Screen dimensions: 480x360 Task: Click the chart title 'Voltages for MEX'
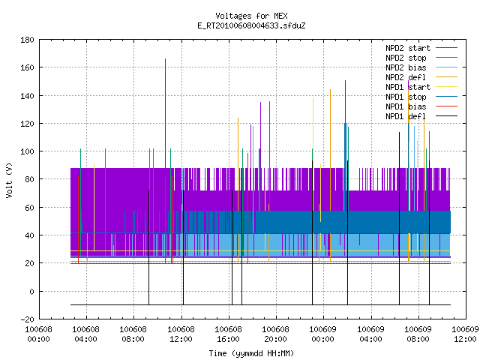pyautogui.click(x=251, y=16)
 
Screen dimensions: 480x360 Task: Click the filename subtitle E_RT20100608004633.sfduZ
pyautogui.click(x=251, y=25)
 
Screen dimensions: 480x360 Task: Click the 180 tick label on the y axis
pyautogui.click(x=27, y=40)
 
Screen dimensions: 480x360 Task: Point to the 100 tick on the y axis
pyautogui.click(x=27, y=151)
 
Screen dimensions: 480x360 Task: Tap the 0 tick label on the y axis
pyautogui.click(x=31, y=292)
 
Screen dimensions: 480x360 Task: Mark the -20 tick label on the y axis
pyautogui.click(x=27, y=319)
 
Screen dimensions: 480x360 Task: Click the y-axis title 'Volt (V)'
pyautogui.click(x=10, y=180)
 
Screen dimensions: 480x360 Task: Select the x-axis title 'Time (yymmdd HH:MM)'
pyautogui.click(x=251, y=353)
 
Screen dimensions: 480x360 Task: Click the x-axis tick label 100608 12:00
pyautogui.click(x=181, y=334)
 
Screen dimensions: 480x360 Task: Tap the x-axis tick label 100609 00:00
pyautogui.click(x=323, y=334)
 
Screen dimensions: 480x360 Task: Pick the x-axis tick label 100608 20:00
pyautogui.click(x=275, y=334)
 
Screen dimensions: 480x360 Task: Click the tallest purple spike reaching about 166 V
pyautogui.click(x=165, y=113)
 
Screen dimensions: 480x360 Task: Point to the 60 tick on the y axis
pyautogui.click(x=30, y=208)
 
